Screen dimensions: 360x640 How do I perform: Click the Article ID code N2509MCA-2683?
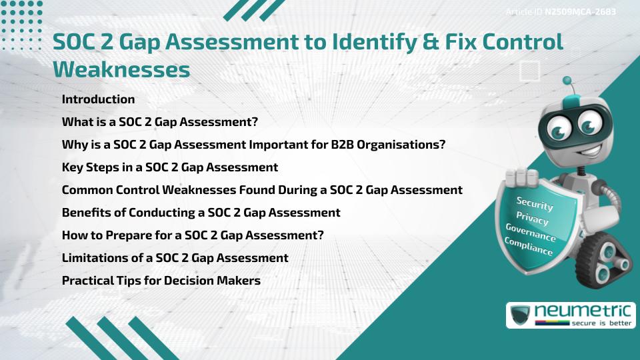click(x=579, y=12)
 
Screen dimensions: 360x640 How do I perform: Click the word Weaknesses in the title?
click(x=121, y=69)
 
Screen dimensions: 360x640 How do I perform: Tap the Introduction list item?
click(x=98, y=99)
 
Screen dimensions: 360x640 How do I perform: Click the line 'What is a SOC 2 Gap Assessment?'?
click(x=159, y=122)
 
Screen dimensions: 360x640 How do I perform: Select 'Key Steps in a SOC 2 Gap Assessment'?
click(x=169, y=167)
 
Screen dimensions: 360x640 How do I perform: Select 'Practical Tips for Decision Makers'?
click(x=161, y=281)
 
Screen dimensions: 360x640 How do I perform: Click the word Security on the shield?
click(x=535, y=204)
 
